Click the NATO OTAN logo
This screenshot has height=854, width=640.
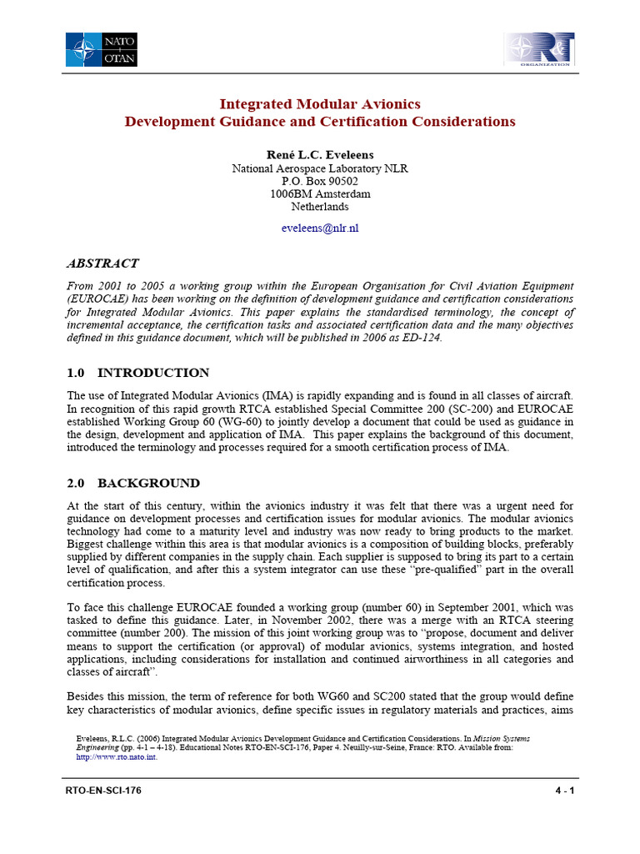point(102,49)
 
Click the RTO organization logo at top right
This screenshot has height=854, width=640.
point(538,49)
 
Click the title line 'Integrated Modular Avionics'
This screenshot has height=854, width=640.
point(320,104)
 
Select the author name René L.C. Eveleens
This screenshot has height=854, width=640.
point(320,155)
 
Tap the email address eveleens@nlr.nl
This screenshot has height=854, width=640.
point(320,228)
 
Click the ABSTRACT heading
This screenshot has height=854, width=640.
point(102,264)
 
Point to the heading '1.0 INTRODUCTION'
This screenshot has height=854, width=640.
point(137,373)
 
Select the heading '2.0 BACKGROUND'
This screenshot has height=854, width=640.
point(132,483)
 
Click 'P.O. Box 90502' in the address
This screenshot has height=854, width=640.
point(320,181)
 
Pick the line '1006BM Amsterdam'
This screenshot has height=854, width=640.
point(320,193)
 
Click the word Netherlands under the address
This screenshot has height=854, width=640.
point(320,206)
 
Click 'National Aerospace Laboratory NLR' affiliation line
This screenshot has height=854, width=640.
point(320,168)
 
